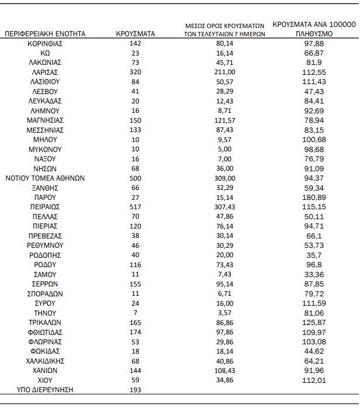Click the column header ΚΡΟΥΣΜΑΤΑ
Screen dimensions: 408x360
pyautogui.click(x=135, y=34)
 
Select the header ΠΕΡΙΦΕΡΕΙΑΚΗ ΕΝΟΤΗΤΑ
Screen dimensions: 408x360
pyautogui.click(x=45, y=34)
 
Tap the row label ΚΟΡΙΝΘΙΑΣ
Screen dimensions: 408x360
pyautogui.click(x=45, y=43)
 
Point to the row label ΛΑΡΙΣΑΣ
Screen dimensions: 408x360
pyautogui.click(x=45, y=72)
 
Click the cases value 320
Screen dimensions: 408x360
pyautogui.click(x=135, y=72)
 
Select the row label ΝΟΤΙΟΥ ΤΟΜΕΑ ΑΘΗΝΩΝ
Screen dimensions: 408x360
pyautogui.click(x=45, y=178)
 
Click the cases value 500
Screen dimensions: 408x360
pyautogui.click(x=135, y=178)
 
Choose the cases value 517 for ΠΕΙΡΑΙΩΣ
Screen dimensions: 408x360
pyautogui.click(x=135, y=207)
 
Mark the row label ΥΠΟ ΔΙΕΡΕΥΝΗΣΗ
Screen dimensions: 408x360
pyautogui.click(x=45, y=389)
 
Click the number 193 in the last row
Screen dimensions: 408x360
pyautogui.click(x=135, y=389)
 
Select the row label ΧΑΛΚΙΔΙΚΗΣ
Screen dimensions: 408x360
pyautogui.click(x=45, y=361)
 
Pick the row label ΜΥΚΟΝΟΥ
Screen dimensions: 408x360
pyautogui.click(x=45, y=150)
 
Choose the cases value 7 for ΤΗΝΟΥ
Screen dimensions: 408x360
pyautogui.click(x=135, y=313)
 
